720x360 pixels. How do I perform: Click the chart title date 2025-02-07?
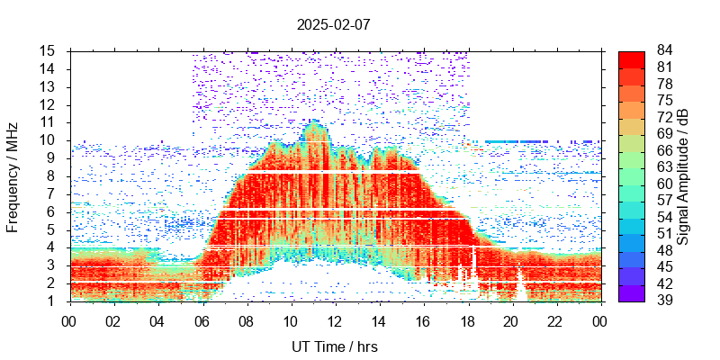tap(333, 24)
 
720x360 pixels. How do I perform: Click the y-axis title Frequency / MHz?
tap(13, 176)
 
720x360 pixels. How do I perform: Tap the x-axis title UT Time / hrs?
tap(335, 346)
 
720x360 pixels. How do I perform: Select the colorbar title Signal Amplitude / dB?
tap(683, 176)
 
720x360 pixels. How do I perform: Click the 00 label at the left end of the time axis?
tap(69, 320)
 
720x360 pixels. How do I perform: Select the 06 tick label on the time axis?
tap(202, 320)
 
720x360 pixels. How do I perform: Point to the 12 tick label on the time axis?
tap(334, 320)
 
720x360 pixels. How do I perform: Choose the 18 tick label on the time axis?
tap(467, 320)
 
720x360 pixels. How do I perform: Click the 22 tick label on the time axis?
tap(555, 320)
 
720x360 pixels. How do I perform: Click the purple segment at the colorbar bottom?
tap(632, 292)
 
